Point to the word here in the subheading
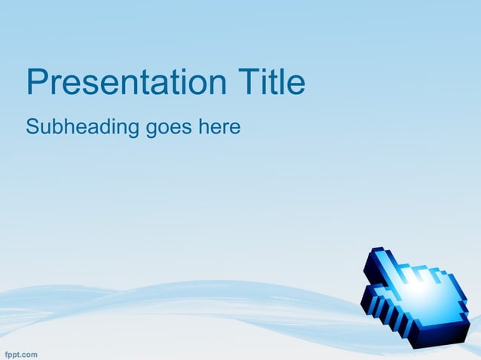coord(219,127)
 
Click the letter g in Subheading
coord(134,130)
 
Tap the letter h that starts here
coord(204,127)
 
